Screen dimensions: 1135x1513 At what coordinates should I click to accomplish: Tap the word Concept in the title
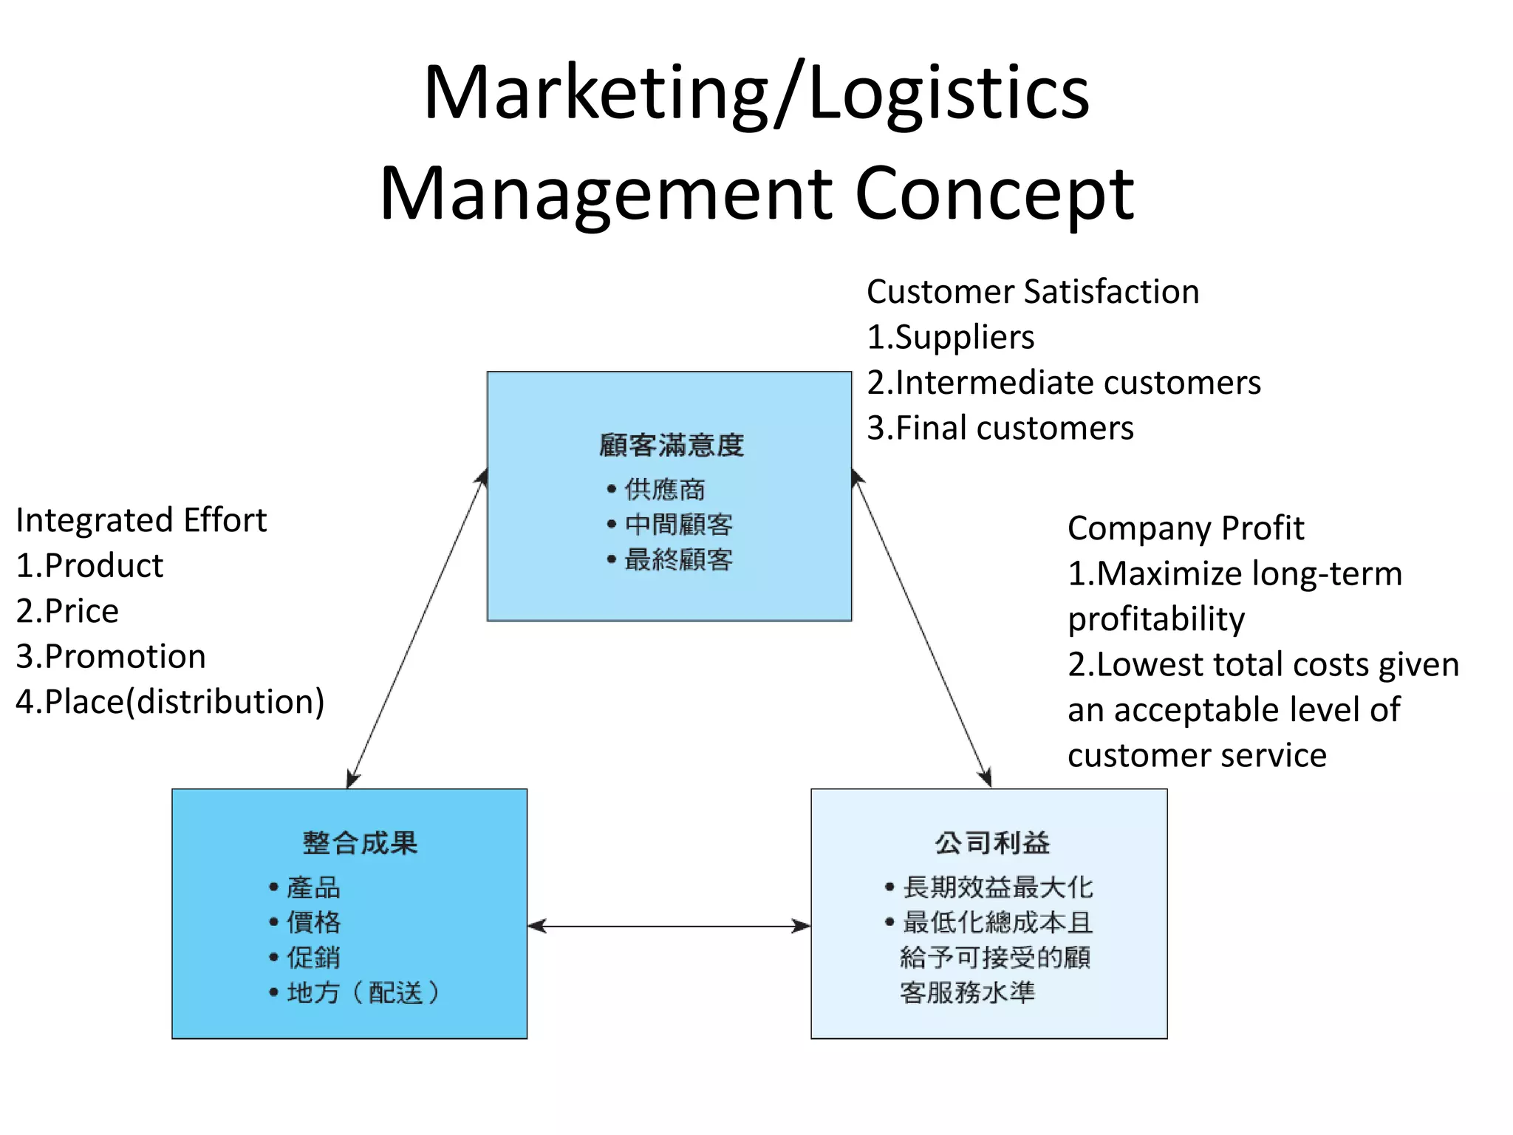(994, 194)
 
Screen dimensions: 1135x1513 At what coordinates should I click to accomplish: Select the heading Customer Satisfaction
(1032, 292)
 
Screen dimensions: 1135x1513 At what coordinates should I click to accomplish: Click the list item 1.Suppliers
(950, 338)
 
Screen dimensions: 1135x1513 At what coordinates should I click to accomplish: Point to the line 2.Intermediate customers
(1063, 383)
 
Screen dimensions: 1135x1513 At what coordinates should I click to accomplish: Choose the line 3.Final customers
(1000, 429)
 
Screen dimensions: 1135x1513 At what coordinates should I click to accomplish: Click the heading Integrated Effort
(141, 520)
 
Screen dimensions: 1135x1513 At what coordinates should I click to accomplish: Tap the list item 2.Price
(67, 611)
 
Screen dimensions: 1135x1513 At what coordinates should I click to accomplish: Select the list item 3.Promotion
(111, 657)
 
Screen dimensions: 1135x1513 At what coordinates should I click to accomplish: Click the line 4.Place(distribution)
(170, 702)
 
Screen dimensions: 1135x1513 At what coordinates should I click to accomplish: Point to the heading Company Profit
(1185, 528)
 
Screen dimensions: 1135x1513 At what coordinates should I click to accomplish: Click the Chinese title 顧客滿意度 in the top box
(671, 445)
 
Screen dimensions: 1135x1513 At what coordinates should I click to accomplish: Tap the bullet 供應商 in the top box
(664, 489)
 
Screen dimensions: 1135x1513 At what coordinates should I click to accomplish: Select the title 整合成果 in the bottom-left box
(360, 842)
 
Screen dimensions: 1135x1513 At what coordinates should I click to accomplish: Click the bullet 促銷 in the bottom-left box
(313, 958)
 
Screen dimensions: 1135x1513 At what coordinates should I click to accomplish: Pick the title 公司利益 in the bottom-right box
(992, 842)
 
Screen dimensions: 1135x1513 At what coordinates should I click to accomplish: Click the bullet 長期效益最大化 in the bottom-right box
(997, 887)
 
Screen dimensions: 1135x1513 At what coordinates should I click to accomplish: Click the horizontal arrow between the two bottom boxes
(669, 926)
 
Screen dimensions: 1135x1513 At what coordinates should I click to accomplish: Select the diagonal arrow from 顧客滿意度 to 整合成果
(417, 628)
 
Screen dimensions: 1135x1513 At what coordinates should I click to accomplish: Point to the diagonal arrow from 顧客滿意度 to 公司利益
(921, 628)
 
